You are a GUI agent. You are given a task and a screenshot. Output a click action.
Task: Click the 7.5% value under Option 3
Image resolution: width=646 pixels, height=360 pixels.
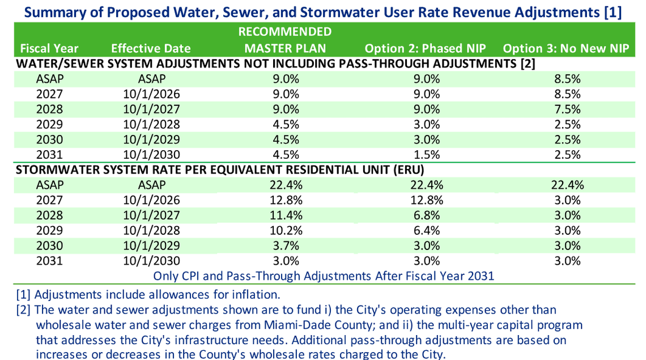pyautogui.click(x=567, y=109)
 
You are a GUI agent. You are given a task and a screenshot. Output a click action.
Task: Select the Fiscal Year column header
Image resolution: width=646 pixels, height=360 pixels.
pyautogui.click(x=49, y=48)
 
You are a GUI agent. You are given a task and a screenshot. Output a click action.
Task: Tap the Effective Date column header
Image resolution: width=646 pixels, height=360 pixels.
pyautogui.click(x=151, y=48)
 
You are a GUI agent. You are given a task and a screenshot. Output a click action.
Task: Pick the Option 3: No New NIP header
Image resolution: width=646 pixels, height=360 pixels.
pyautogui.click(x=566, y=48)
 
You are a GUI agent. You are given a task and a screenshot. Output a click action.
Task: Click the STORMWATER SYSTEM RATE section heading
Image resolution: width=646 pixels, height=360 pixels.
pyautogui.click(x=220, y=170)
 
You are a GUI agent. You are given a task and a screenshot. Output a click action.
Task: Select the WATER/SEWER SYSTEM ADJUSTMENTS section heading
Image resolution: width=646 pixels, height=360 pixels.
pyautogui.click(x=275, y=63)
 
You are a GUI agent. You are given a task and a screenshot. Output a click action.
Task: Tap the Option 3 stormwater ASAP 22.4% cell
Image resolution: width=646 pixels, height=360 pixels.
pyautogui.click(x=567, y=185)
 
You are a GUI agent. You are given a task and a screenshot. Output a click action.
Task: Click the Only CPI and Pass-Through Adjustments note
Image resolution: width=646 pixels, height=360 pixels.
pyautogui.click(x=324, y=276)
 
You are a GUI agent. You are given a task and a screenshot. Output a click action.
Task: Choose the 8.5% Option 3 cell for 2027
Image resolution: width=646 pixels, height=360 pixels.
pyautogui.click(x=567, y=94)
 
